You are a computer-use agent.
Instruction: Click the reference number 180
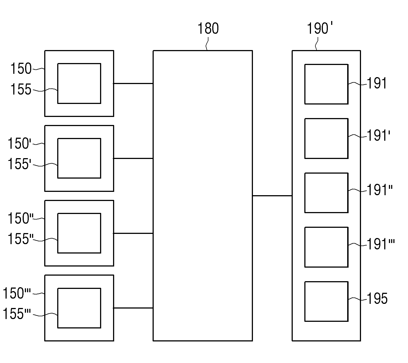click(208, 28)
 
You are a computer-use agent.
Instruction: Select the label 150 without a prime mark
click(21, 69)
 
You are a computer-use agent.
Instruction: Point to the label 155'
click(19, 164)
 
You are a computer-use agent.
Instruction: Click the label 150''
click(20, 218)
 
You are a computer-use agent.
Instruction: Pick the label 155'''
click(17, 314)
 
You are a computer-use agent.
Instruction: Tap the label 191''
click(380, 190)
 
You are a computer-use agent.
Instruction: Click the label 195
click(377, 299)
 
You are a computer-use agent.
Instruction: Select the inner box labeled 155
click(79, 83)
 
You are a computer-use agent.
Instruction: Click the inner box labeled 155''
click(79, 233)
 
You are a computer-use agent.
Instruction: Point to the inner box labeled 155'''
click(79, 308)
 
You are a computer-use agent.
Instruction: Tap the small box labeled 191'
click(326, 139)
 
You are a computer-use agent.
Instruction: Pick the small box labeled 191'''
click(326, 247)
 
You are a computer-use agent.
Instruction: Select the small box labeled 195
click(326, 302)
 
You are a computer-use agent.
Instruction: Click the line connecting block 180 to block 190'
click(272, 196)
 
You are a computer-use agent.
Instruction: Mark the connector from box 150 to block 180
click(133, 83)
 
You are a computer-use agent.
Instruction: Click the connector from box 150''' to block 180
click(133, 308)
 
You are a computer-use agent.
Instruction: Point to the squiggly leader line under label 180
click(207, 43)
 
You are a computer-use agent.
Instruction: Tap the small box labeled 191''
click(326, 193)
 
